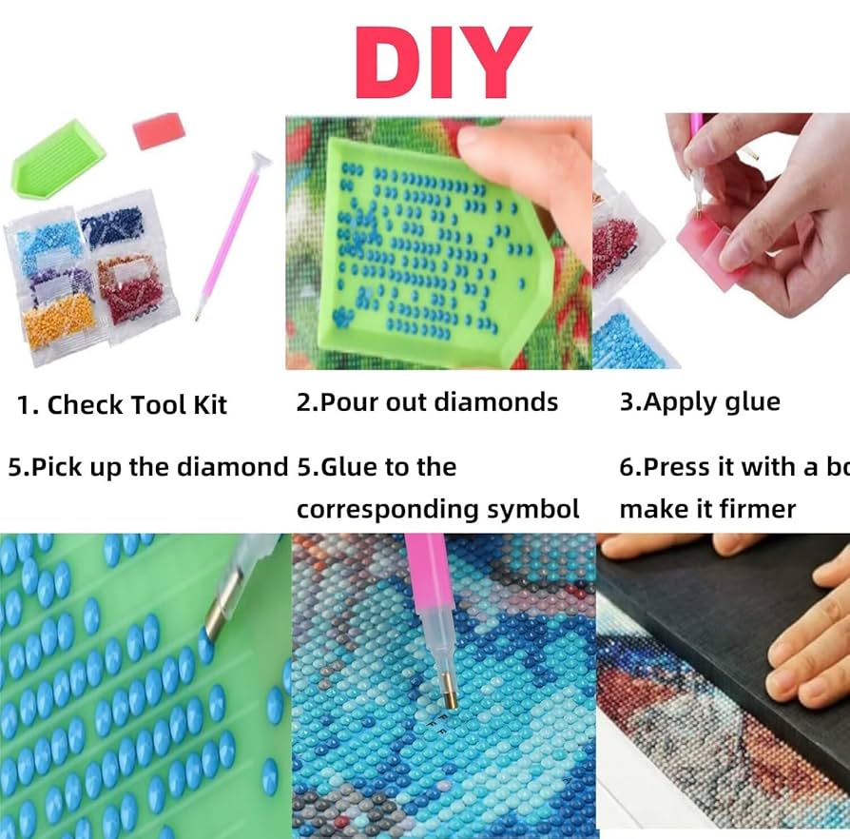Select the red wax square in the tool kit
click(157, 131)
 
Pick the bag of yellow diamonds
click(59, 322)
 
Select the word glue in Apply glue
click(750, 401)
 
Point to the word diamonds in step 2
click(496, 402)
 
